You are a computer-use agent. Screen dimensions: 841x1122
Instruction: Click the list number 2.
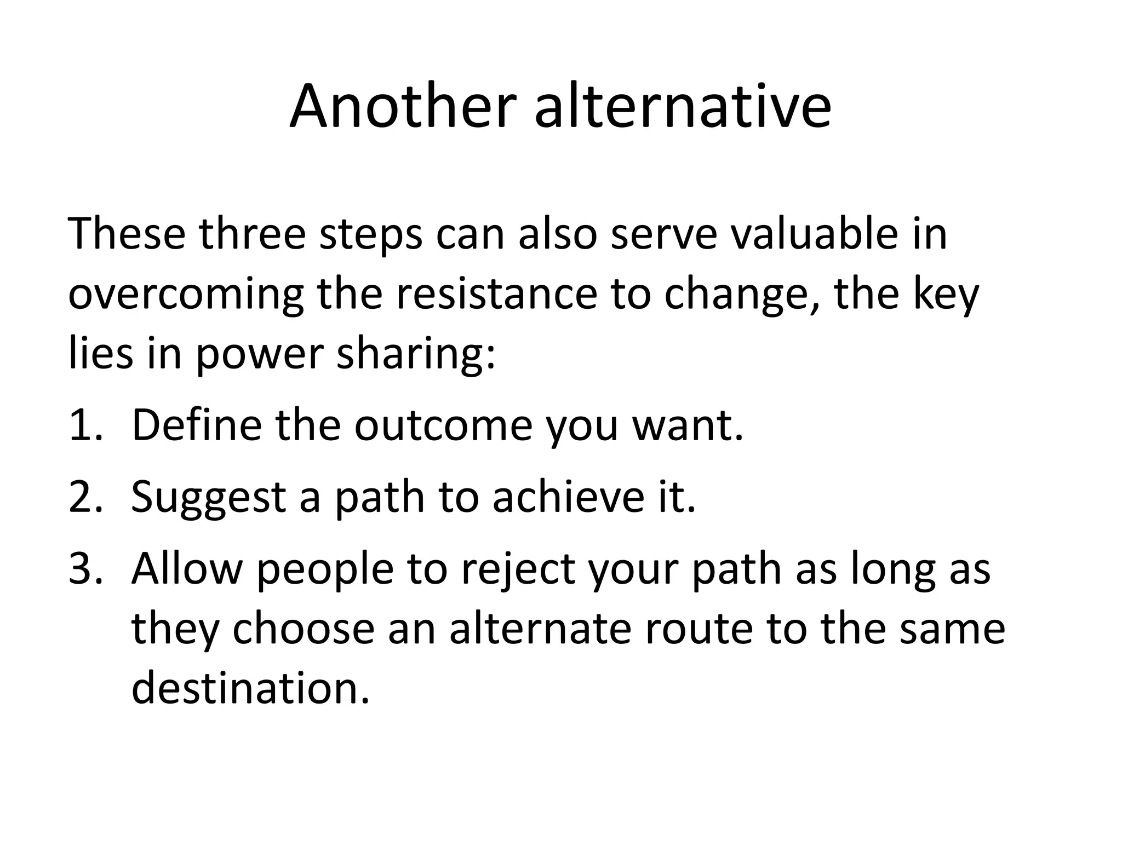[85, 497]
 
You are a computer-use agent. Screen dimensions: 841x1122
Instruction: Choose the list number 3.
[85, 569]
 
